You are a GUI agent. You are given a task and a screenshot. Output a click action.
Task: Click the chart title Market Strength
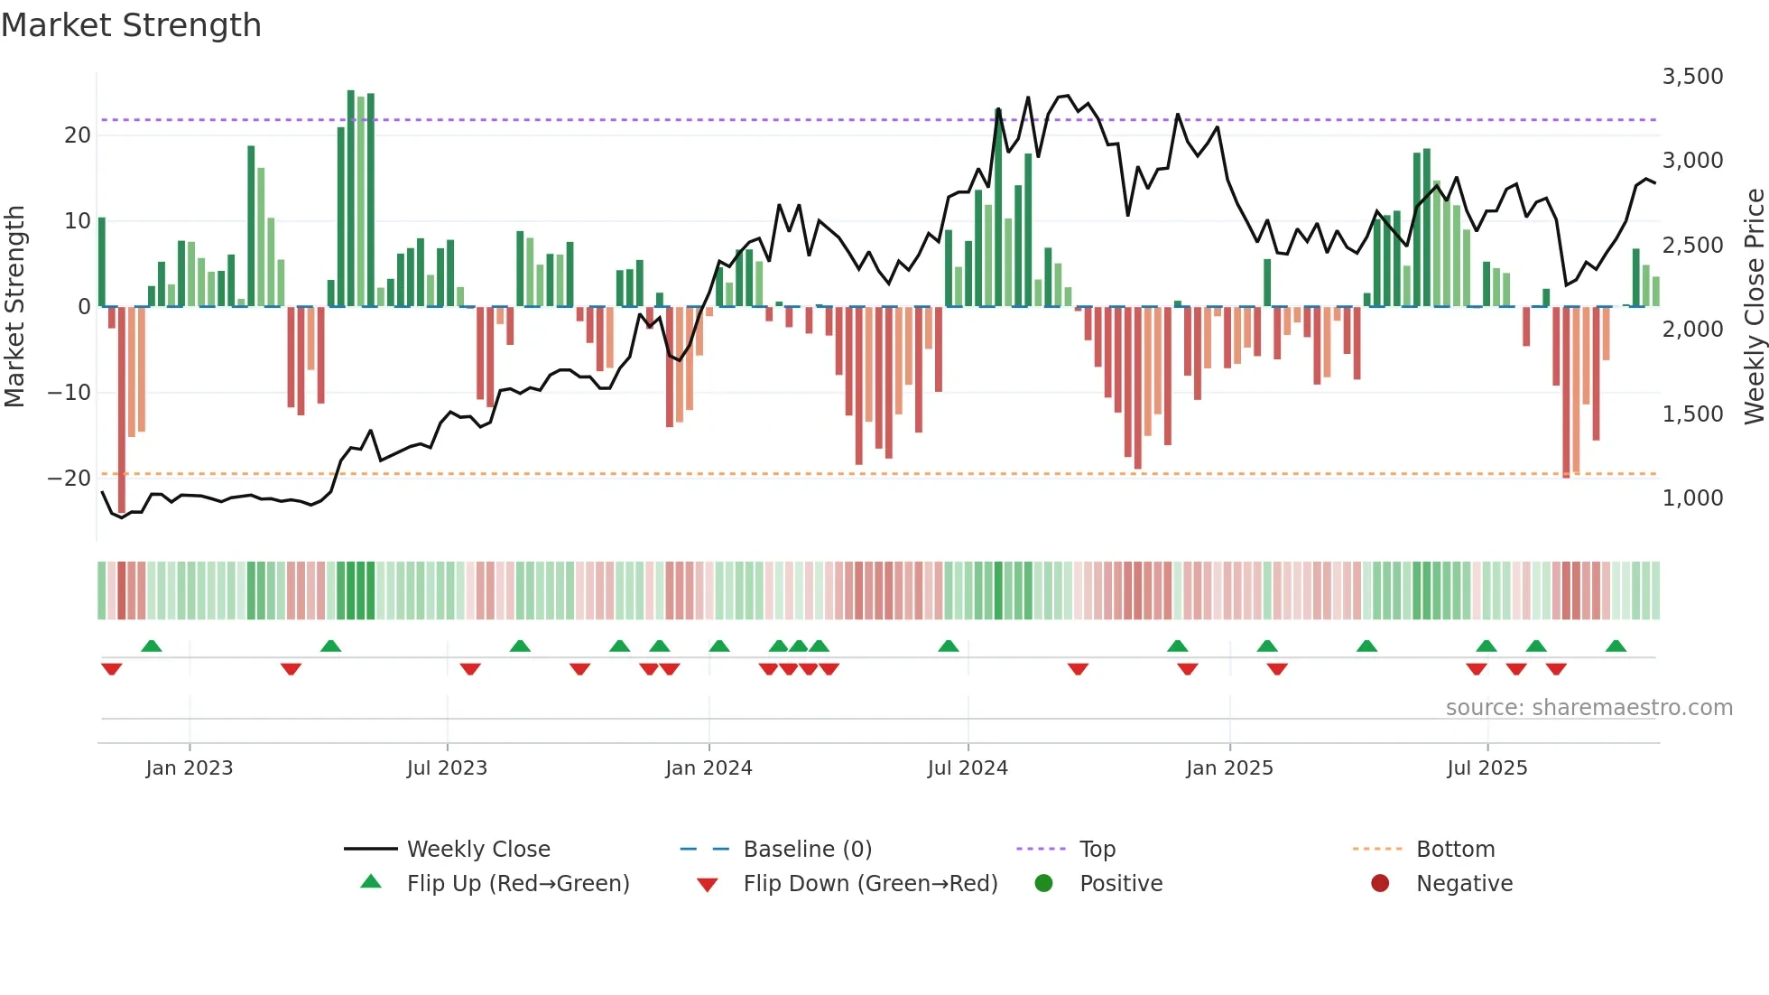pyautogui.click(x=131, y=25)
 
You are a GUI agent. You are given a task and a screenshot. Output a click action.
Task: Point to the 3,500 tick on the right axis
pyautogui.click(x=1692, y=77)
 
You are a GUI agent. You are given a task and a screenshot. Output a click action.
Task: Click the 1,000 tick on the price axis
pyautogui.click(x=1692, y=498)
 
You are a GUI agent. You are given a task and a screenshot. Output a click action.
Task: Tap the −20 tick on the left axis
pyautogui.click(x=69, y=479)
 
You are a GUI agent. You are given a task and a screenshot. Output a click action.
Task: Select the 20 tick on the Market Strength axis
pyautogui.click(x=78, y=135)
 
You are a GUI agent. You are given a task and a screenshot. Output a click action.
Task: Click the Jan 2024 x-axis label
pyautogui.click(x=709, y=768)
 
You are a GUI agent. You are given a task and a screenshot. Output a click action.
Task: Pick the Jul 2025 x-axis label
pyautogui.click(x=1487, y=768)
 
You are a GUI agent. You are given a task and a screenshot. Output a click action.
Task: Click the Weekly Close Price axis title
pyautogui.click(x=1754, y=307)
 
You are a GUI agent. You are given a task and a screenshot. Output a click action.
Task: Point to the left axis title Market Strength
pyautogui.click(x=14, y=307)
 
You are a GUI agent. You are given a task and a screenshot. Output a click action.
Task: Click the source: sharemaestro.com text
pyautogui.click(x=1588, y=708)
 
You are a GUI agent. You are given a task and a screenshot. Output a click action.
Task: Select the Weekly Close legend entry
pyautogui.click(x=477, y=850)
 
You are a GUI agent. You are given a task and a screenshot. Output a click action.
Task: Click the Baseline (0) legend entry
pyautogui.click(x=807, y=850)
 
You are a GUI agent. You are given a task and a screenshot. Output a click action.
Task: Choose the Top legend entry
pyautogui.click(x=1097, y=850)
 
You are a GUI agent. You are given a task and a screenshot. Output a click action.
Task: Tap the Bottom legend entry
pyautogui.click(x=1455, y=850)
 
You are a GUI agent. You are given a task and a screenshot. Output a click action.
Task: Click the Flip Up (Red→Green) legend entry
pyautogui.click(x=517, y=884)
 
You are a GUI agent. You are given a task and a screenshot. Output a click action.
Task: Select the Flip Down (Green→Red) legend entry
pyautogui.click(x=870, y=884)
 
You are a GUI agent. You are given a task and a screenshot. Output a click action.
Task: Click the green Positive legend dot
pyautogui.click(x=1044, y=884)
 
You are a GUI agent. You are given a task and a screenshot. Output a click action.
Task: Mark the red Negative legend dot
pyautogui.click(x=1380, y=884)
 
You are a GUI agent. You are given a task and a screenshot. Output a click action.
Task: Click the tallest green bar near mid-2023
pyautogui.click(x=351, y=199)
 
